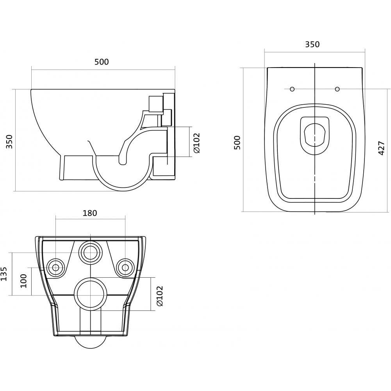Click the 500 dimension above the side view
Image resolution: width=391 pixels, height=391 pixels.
[102, 62]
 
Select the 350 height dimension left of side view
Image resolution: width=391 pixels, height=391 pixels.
[9, 141]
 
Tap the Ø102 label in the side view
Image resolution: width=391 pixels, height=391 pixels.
[196, 143]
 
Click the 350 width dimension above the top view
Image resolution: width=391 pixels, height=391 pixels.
[312, 44]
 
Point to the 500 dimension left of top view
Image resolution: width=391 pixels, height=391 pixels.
[237, 143]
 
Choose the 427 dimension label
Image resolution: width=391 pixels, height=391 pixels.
[382, 148]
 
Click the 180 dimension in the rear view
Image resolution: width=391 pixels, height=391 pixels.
[90, 213]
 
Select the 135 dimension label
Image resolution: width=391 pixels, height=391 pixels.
[4, 274]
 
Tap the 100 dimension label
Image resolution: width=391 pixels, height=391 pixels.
[23, 281]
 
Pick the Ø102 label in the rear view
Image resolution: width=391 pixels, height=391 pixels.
[159, 296]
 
